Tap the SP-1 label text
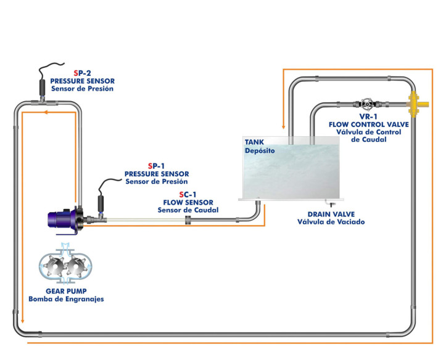156,166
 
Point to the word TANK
254,142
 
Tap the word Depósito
258,150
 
